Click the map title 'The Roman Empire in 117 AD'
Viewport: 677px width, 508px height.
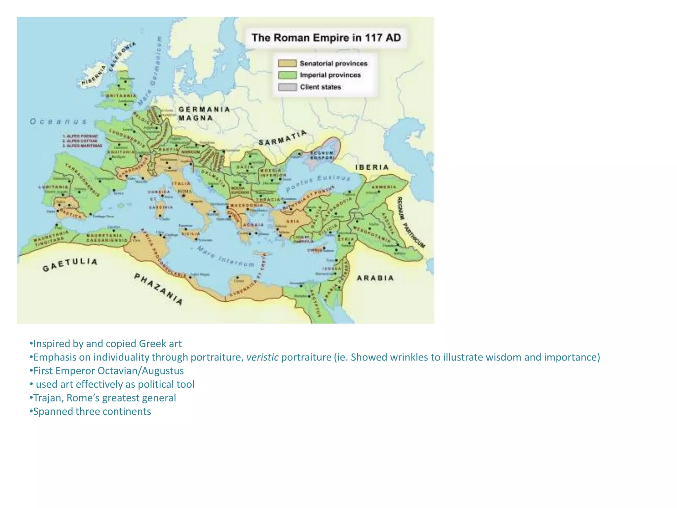326,38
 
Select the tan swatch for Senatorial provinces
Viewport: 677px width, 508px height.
287,63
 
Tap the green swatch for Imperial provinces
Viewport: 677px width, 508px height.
287,75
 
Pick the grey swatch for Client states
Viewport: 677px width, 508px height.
287,87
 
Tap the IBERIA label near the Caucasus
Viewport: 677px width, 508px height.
372,167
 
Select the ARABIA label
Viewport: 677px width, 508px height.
375,278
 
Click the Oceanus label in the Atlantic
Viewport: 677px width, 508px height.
59,121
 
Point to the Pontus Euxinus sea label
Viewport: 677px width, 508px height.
318,183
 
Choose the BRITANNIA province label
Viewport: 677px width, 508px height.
121,96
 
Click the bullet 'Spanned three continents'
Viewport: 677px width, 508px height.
92,411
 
